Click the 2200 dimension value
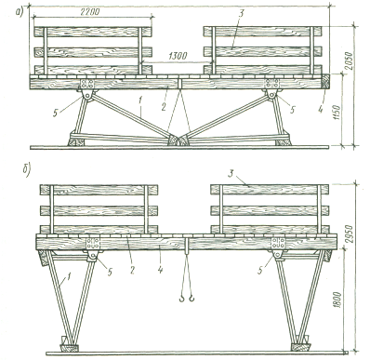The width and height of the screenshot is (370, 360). [90, 12]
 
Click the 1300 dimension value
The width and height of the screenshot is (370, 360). [177, 56]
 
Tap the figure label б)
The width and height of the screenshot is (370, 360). [26, 171]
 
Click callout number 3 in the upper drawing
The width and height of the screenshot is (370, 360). [241, 13]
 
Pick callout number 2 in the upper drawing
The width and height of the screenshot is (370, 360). [164, 107]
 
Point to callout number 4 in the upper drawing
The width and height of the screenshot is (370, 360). [320, 100]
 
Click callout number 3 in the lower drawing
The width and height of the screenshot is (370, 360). [231, 174]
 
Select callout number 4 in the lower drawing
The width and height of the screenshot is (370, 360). [160, 270]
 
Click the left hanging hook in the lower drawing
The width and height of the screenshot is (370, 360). [181, 299]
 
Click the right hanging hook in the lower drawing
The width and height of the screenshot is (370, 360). [192, 299]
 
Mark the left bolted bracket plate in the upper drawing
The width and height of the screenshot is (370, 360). [87, 84]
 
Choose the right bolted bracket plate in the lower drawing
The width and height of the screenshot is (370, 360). [278, 244]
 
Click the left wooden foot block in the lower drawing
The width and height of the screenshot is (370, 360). [69, 348]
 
